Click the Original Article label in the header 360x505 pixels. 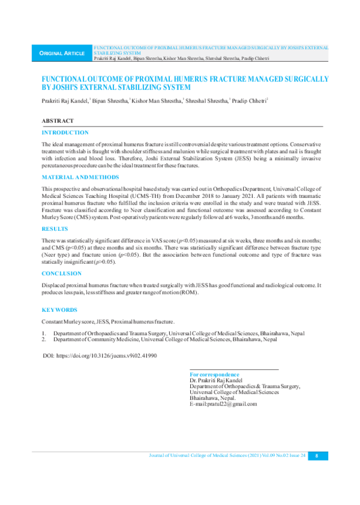(62, 53)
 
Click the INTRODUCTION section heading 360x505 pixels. (65, 133)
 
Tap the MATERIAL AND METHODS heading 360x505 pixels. (80, 178)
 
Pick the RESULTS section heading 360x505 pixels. (55, 229)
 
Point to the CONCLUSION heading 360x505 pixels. (61, 273)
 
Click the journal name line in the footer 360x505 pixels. (227, 456)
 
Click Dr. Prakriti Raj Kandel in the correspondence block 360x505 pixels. (217, 380)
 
